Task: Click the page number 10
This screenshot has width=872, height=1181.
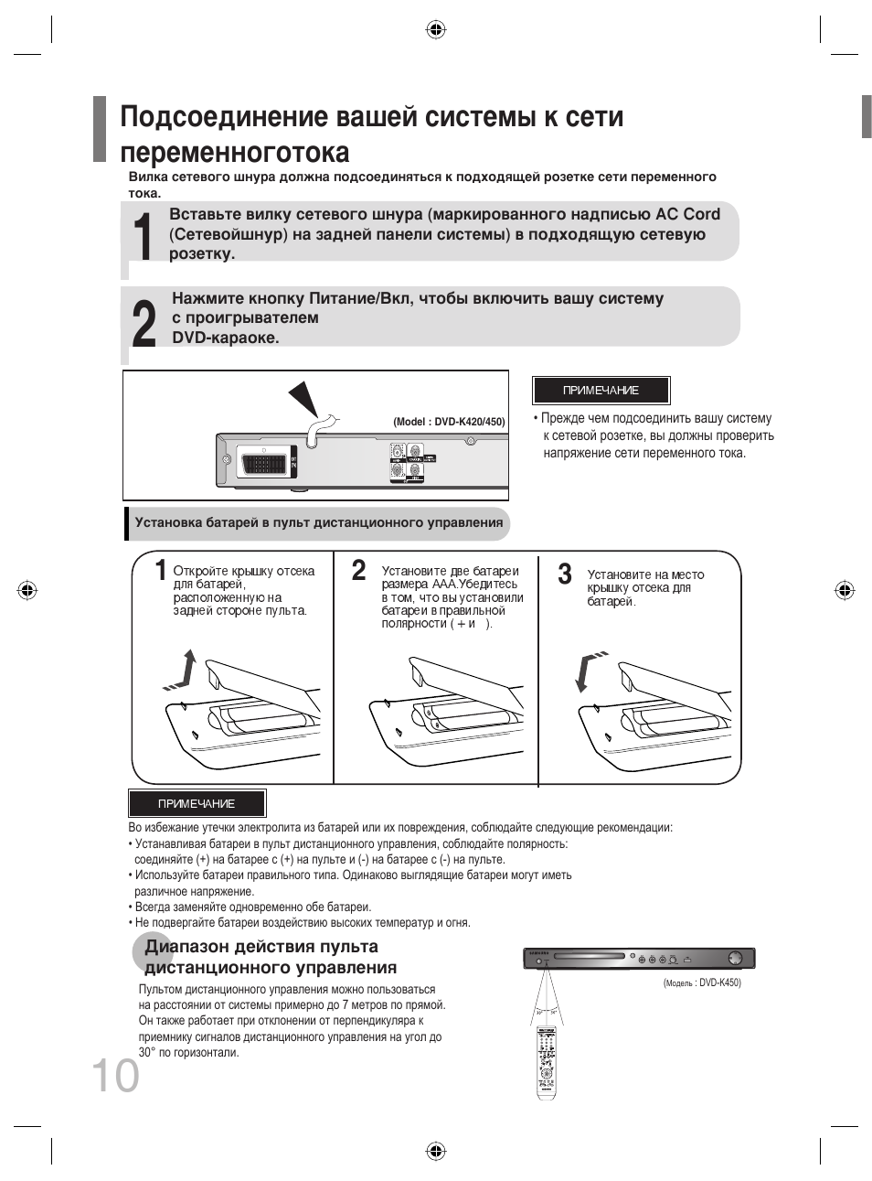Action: (115, 1075)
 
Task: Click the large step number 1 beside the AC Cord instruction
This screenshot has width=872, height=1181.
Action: (142, 237)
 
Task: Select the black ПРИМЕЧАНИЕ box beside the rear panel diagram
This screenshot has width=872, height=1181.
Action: (601, 391)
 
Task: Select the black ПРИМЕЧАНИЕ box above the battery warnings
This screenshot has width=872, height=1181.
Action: (197, 804)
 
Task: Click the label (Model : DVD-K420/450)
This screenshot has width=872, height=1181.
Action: (449, 423)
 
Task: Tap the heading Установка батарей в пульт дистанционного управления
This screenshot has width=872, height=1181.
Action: (318, 523)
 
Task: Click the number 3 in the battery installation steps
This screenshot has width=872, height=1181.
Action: (565, 575)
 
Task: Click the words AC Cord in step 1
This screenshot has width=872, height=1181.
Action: (687, 214)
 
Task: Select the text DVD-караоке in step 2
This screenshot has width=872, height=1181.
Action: (226, 338)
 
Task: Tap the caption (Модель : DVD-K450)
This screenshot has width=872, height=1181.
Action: (702, 983)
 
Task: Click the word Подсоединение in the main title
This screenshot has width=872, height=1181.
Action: (224, 118)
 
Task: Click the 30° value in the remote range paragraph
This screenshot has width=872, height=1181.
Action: (147, 1053)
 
